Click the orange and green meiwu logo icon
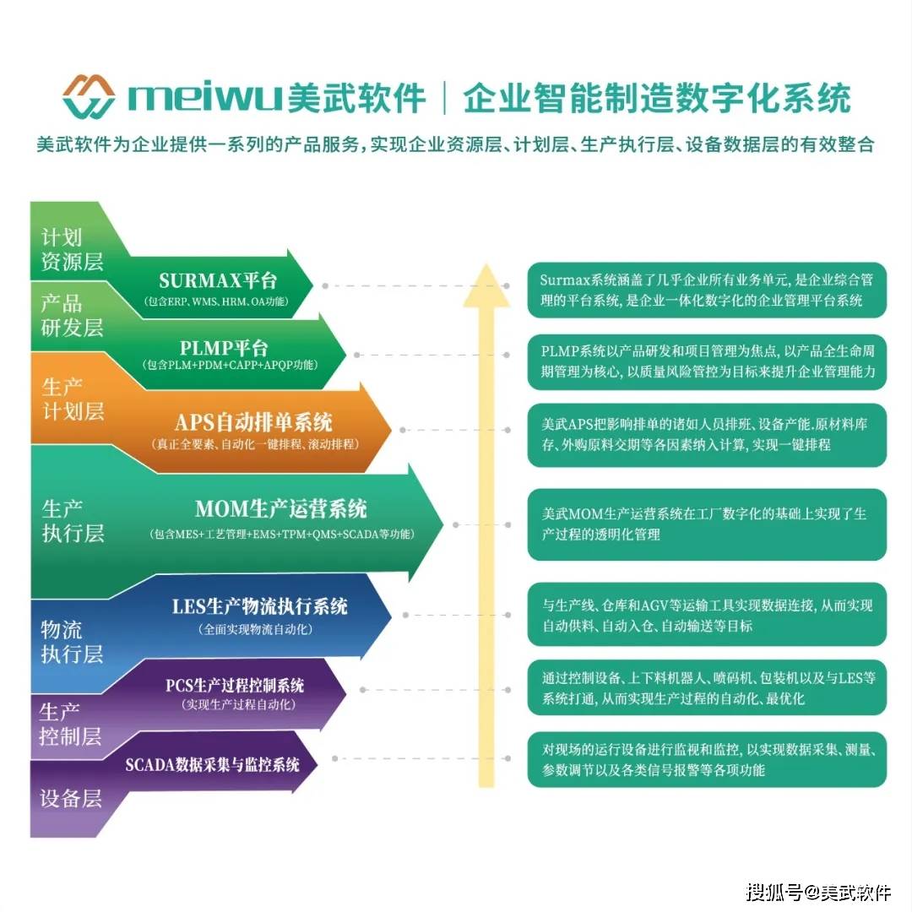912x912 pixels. [89, 96]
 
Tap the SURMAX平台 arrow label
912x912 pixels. [218, 281]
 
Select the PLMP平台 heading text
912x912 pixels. [224, 348]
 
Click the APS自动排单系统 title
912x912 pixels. [253, 421]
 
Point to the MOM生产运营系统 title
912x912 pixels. [281, 509]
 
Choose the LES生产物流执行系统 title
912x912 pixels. [260, 606]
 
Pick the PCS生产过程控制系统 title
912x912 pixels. [235, 685]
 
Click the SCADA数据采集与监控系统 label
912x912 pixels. [212, 764]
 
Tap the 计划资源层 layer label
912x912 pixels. [72, 249]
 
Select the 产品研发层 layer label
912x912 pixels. [72, 316]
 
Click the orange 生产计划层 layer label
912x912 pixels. [73, 399]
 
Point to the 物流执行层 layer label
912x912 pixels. [72, 642]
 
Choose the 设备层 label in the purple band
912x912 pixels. [71, 798]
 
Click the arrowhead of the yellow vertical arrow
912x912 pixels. [486, 285]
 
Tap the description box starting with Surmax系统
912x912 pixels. [707, 290]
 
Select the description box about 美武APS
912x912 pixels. [707, 435]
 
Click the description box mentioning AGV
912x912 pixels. [707, 615]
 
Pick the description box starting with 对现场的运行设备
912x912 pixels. [707, 760]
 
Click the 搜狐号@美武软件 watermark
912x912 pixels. [819, 891]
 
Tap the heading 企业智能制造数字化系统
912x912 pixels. [657, 98]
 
